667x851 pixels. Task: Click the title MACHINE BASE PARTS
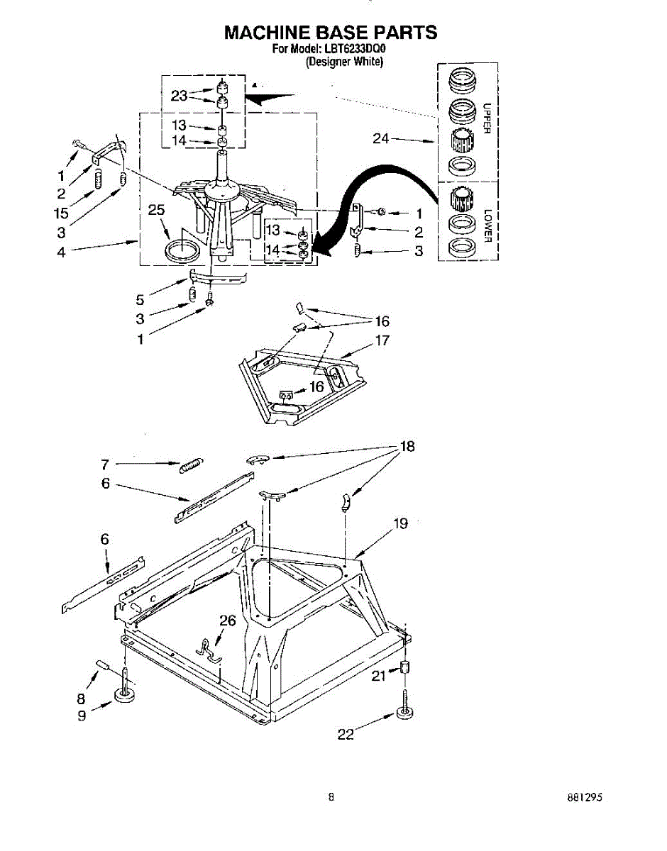pos(330,32)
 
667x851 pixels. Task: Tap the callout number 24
pos(381,139)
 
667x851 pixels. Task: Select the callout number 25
pos(156,209)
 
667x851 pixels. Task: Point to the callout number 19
pos(400,524)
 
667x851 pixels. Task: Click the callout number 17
pos(382,340)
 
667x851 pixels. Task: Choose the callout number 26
pos(227,621)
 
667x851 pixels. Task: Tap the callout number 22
pos(346,735)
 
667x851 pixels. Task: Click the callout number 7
pos(104,465)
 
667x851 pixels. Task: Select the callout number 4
pos(61,251)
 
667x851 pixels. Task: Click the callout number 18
pos(407,447)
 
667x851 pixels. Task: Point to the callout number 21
pos(379,676)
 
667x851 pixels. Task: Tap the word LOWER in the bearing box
pos(487,226)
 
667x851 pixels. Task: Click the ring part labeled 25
pos(181,250)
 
